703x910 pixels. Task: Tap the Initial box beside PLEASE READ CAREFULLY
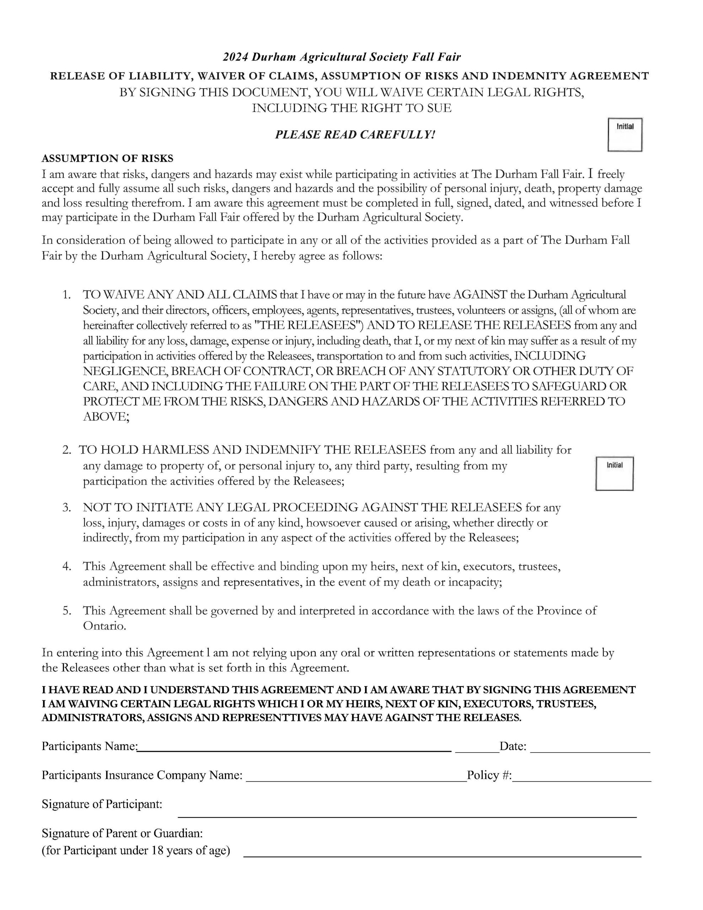tap(625, 135)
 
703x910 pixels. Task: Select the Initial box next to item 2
tap(614, 473)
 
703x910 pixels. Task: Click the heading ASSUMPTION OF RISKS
tap(108, 158)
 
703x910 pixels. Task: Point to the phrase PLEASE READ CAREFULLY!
tap(355, 135)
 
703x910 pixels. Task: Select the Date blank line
tap(590, 751)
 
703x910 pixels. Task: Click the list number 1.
tap(67, 295)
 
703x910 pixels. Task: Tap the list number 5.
tap(67, 611)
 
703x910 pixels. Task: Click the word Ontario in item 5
tap(104, 626)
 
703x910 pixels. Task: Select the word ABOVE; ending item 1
tap(106, 417)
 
